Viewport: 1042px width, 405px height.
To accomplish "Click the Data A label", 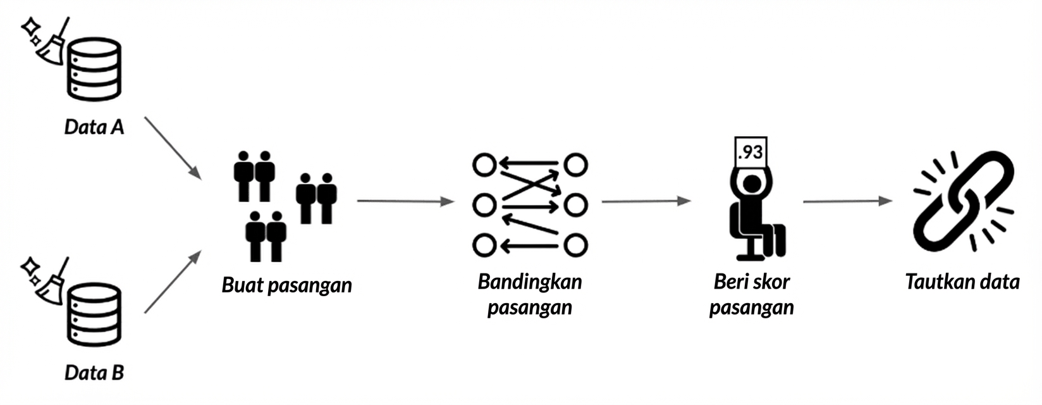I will pyautogui.click(x=94, y=127).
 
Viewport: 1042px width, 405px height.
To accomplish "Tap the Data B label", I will pyautogui.click(x=94, y=373).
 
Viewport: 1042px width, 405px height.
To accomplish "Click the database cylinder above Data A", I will pyautogui.click(x=95, y=69).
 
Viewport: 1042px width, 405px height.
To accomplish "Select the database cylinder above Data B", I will pyautogui.click(x=94, y=315).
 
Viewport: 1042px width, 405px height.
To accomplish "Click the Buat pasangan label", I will pyautogui.click(x=286, y=285).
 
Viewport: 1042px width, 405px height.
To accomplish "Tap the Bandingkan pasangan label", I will pyautogui.click(x=530, y=294).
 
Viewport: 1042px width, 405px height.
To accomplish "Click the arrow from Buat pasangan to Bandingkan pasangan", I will pyautogui.click(x=405, y=201).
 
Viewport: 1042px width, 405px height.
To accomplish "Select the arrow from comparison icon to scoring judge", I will pyautogui.click(x=645, y=201).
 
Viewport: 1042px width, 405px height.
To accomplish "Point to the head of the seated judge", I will pyautogui.click(x=752, y=184).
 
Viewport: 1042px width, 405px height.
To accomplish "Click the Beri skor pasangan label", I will pyautogui.click(x=751, y=294).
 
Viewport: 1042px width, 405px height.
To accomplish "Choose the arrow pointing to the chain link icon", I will pyautogui.click(x=847, y=201).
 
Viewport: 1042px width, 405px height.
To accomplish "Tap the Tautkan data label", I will pyautogui.click(x=962, y=282).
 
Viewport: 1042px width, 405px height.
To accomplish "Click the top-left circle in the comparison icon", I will pyautogui.click(x=484, y=165).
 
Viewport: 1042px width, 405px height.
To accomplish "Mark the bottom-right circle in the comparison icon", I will pyautogui.click(x=575, y=245).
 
